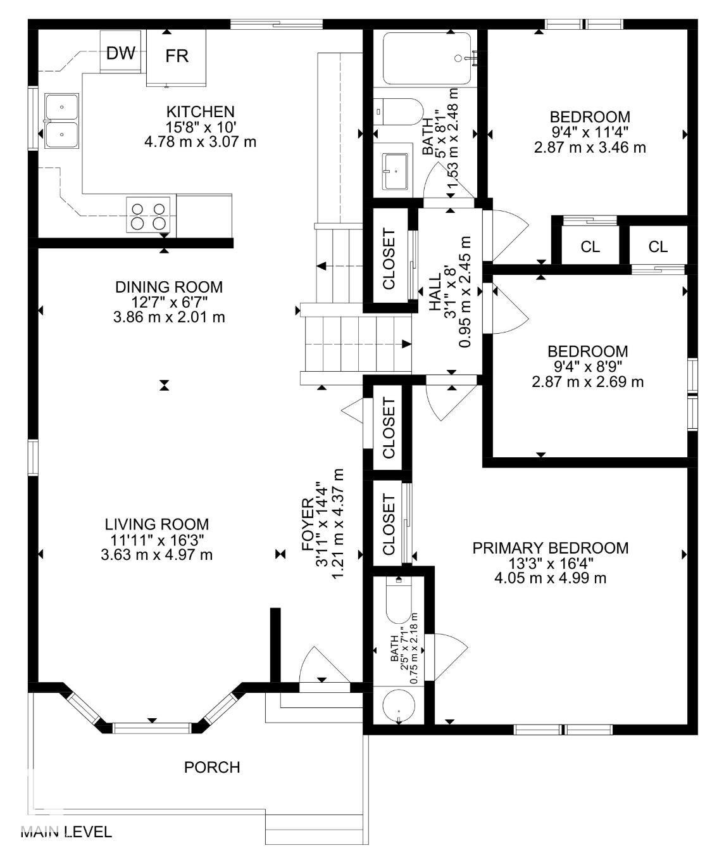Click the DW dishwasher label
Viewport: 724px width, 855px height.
click(x=121, y=53)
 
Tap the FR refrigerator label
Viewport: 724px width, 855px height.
click(x=177, y=56)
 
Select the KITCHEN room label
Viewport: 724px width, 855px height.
click(x=201, y=111)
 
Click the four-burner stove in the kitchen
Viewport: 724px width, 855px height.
click(x=148, y=215)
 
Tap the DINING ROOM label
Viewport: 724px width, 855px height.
click(x=169, y=287)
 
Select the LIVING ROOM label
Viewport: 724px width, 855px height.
click(x=156, y=524)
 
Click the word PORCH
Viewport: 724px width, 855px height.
click(x=212, y=768)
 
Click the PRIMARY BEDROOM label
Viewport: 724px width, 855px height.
click(x=551, y=548)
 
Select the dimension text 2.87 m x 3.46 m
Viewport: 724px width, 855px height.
click(x=590, y=148)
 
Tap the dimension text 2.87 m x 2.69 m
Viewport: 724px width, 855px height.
click(x=588, y=382)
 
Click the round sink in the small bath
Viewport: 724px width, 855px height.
click(x=399, y=706)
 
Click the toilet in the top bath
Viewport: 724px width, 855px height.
click(x=399, y=111)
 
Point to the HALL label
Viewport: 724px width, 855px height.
click(x=435, y=292)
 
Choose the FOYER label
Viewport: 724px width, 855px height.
click(x=308, y=525)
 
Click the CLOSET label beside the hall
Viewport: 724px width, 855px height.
click(x=389, y=259)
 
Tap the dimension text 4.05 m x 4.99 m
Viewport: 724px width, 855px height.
click(x=551, y=578)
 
